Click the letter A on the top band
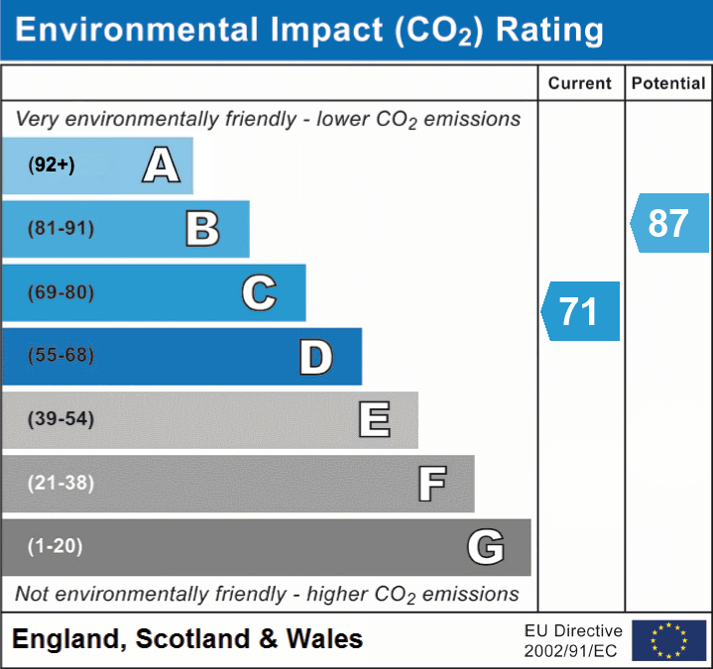(161, 166)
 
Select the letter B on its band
(202, 229)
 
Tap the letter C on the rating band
(259, 292)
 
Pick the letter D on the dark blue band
(315, 357)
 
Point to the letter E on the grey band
(374, 419)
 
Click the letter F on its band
(431, 484)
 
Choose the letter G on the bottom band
(486, 547)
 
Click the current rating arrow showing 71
(580, 311)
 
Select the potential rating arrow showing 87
(669, 223)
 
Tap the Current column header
(580, 84)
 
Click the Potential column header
(668, 84)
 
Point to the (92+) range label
(52, 166)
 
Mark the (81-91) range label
(60, 229)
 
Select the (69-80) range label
(60, 292)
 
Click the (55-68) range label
(60, 356)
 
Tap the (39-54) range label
(60, 419)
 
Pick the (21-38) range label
(60, 483)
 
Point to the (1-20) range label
(56, 546)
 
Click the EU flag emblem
(668, 640)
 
